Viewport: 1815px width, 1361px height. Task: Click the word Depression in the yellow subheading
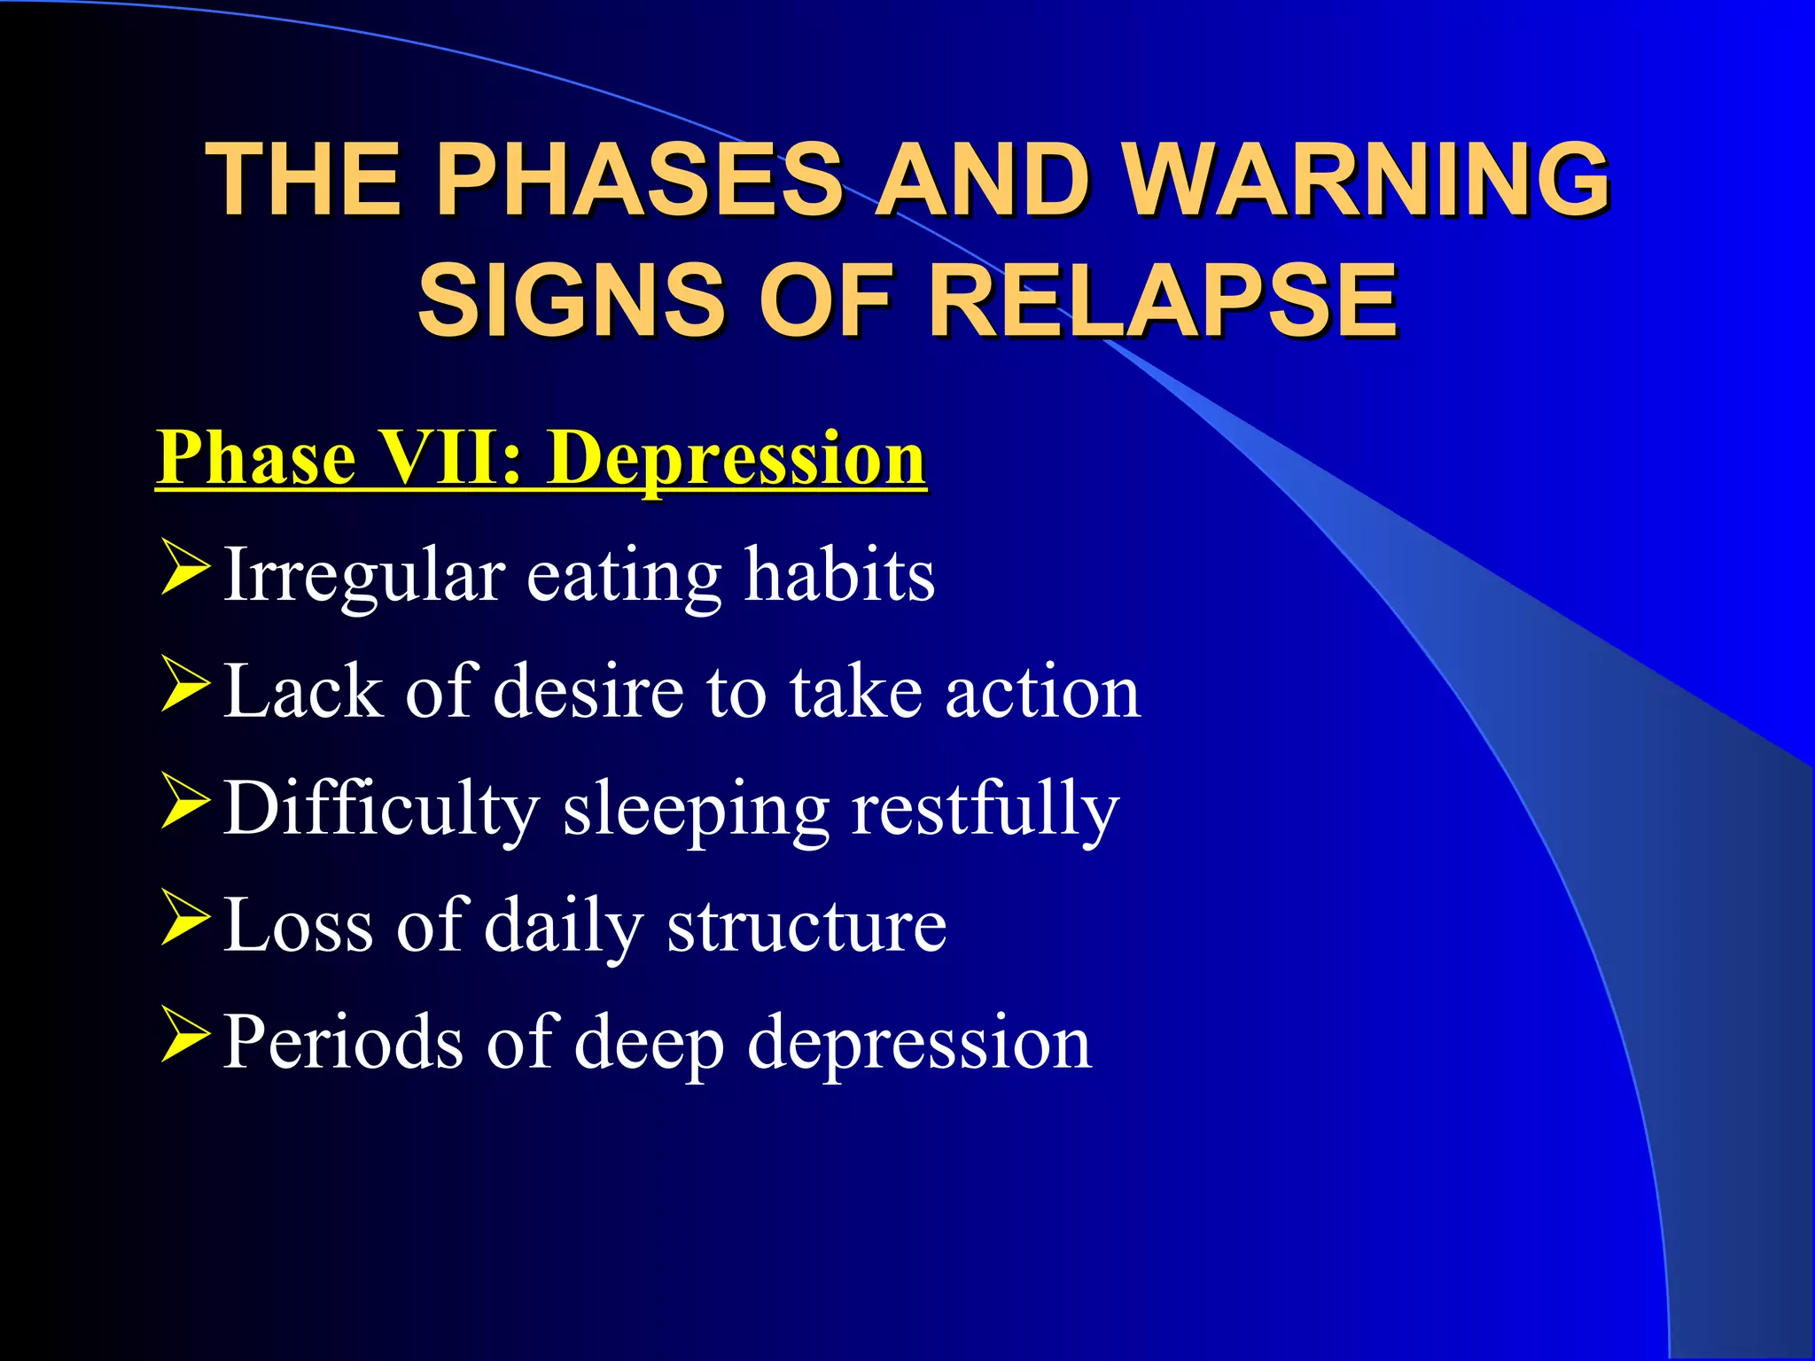736,458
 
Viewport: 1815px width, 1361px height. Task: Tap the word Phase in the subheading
258,458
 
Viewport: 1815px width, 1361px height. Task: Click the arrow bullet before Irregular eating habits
185,570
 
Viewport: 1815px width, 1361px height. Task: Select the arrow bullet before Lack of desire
185,687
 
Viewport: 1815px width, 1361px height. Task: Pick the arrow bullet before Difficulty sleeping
185,803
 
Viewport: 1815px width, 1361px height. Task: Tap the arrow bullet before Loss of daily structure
185,920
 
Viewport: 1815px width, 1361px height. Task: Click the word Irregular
363,576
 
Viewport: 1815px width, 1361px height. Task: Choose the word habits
838,576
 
